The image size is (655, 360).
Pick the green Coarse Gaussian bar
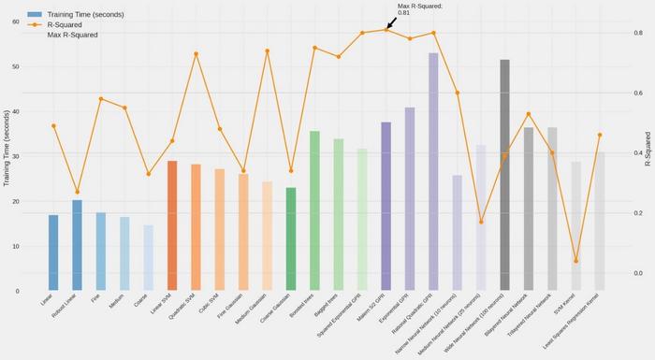pyautogui.click(x=291, y=238)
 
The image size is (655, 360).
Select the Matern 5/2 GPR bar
pyautogui.click(x=386, y=206)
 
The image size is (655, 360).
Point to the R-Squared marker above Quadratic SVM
pyautogui.click(x=196, y=54)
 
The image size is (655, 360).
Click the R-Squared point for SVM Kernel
pyautogui.click(x=575, y=261)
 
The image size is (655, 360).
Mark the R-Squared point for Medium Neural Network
pyautogui.click(x=481, y=222)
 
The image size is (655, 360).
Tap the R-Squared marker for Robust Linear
pyautogui.click(x=77, y=192)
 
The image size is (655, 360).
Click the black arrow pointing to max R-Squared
pyautogui.click(x=391, y=22)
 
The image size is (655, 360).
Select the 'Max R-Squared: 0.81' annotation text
pyautogui.click(x=419, y=9)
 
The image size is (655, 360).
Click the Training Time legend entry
pyautogui.click(x=75, y=14)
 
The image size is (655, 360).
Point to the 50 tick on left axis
pyautogui.click(x=16, y=67)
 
